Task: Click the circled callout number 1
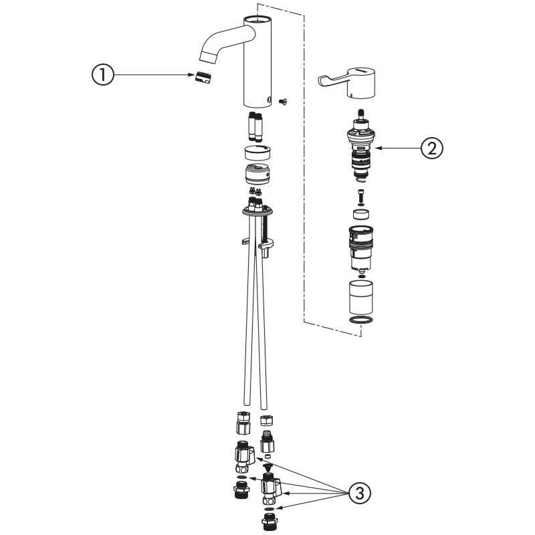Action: tap(103, 75)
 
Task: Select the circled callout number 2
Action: tap(432, 148)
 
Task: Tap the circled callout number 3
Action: tap(360, 494)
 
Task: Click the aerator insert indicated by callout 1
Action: tap(203, 77)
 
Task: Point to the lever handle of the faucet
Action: tap(347, 83)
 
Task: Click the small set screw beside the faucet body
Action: tap(282, 101)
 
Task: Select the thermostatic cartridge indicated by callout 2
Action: tap(361, 146)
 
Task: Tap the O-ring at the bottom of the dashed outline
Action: tap(361, 320)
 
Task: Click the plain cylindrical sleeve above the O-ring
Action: tap(361, 296)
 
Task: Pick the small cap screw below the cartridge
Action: tap(361, 195)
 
